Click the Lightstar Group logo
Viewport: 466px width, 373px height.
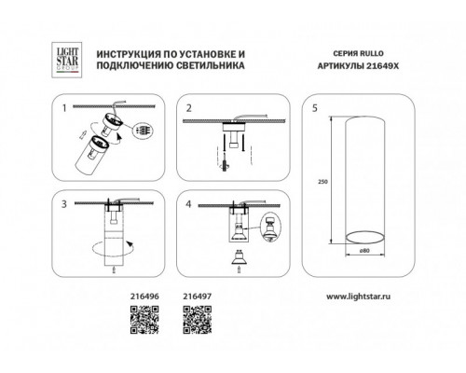tap(66, 60)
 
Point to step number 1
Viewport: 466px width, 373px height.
tap(64, 108)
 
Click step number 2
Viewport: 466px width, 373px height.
tap(189, 108)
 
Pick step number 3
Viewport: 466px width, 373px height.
tap(64, 204)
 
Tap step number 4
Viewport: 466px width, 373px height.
tap(188, 204)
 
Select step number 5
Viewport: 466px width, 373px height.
tap(315, 108)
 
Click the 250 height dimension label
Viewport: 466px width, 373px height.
tap(322, 182)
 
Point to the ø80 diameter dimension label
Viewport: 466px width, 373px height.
tap(364, 251)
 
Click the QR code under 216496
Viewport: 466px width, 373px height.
tap(144, 320)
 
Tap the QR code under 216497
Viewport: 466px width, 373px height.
tap(198, 320)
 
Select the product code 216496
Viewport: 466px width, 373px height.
tap(144, 297)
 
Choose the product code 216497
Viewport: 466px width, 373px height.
tap(198, 297)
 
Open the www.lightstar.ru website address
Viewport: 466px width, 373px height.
tap(358, 297)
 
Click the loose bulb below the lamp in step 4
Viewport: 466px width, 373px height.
tap(239, 257)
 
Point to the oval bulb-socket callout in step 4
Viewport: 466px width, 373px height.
tap(270, 227)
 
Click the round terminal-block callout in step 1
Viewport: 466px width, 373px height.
tap(143, 131)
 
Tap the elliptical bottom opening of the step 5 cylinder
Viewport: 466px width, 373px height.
tap(365, 238)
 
